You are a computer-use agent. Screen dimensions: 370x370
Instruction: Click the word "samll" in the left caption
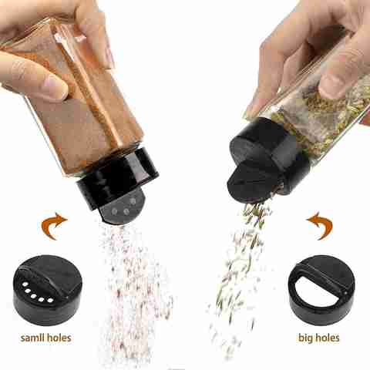coord(32,338)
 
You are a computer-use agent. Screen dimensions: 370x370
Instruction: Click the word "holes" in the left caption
coord(59,338)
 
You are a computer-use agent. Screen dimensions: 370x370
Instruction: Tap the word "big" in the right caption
coord(304,338)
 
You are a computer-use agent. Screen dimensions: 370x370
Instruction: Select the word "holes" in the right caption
coord(327,338)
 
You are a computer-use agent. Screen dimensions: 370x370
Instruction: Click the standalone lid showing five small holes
coord(47,290)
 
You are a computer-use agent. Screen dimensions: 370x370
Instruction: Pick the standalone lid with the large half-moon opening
coord(321,290)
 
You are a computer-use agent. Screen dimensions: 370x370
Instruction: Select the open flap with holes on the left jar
coord(123,208)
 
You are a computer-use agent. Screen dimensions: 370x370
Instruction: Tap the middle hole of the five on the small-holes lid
coord(33,296)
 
